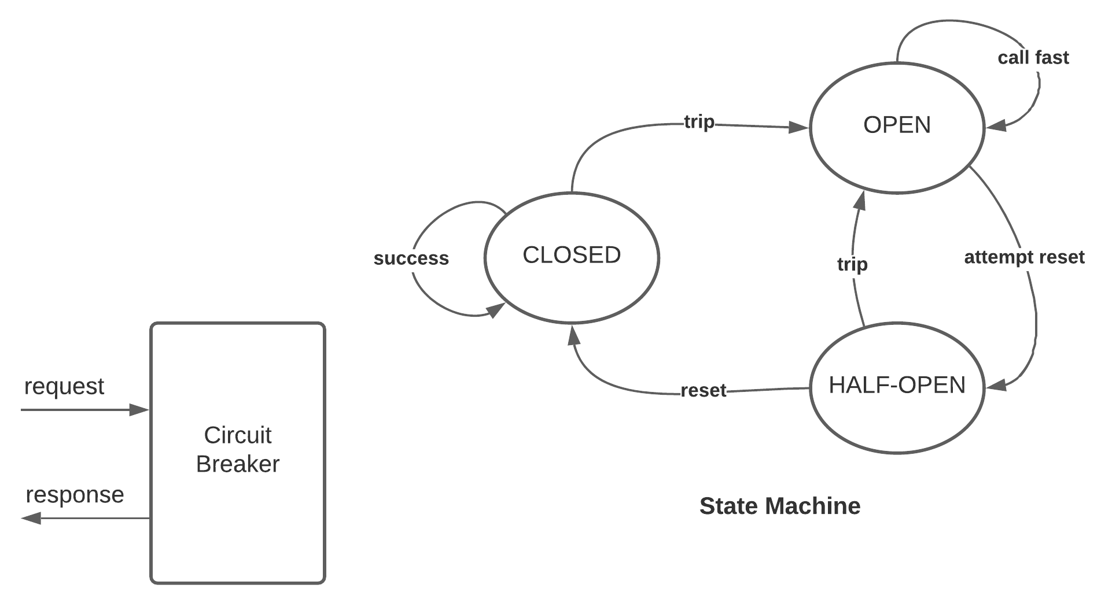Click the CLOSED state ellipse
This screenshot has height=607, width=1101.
pyautogui.click(x=572, y=257)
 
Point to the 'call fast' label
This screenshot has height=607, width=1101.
pyautogui.click(x=1033, y=58)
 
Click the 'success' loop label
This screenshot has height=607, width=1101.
pyautogui.click(x=411, y=258)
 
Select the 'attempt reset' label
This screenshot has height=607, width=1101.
pyautogui.click(x=1023, y=257)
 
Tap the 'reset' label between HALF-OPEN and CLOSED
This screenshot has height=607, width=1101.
pyautogui.click(x=703, y=390)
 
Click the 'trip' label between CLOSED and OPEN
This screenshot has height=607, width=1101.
pyautogui.click(x=699, y=122)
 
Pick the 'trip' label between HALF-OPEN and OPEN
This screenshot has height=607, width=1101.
pyautogui.click(x=852, y=264)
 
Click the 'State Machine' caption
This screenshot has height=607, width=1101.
pyautogui.click(x=779, y=506)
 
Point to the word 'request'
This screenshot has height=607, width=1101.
pyautogui.click(x=64, y=386)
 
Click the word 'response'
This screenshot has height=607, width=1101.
pyautogui.click(x=75, y=494)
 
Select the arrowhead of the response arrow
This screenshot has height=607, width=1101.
pyautogui.click(x=31, y=518)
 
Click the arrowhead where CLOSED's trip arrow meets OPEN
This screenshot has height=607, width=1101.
pyautogui.click(x=800, y=128)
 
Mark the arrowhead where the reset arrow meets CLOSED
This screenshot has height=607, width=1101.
pyautogui.click(x=573, y=335)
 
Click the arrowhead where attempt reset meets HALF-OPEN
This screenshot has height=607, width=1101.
pyautogui.click(x=996, y=384)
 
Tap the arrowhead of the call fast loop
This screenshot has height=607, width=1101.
pyautogui.click(x=996, y=125)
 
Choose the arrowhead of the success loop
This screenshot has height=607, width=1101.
pyautogui.click(x=495, y=311)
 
